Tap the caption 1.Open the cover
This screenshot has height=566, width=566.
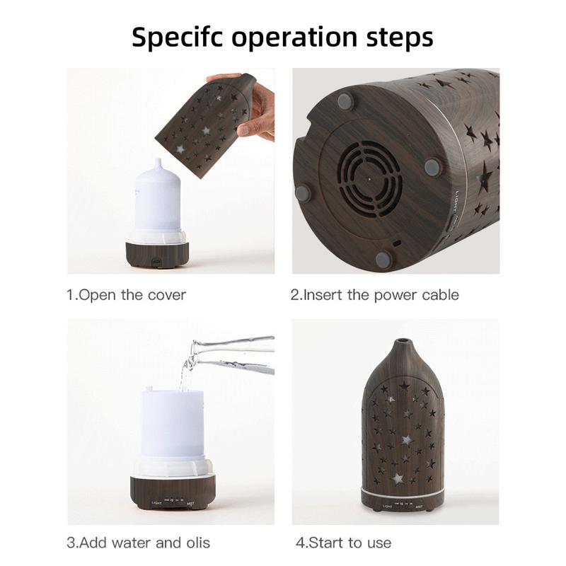click(x=127, y=294)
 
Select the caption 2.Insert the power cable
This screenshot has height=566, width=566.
click(x=374, y=294)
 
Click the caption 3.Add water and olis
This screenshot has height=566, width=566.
click(x=139, y=543)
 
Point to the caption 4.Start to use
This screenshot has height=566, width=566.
click(x=343, y=543)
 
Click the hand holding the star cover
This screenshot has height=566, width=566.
click(x=255, y=106)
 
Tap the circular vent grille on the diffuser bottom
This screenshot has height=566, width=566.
click(x=369, y=177)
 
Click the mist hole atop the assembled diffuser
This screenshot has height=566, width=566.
click(x=402, y=345)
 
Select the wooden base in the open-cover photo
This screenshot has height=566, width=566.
click(x=157, y=254)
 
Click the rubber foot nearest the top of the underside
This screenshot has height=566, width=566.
click(x=345, y=102)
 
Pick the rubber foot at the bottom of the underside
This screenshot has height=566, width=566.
click(x=383, y=259)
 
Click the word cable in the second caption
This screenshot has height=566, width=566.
click(x=441, y=294)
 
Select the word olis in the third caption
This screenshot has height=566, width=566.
click(x=196, y=543)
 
